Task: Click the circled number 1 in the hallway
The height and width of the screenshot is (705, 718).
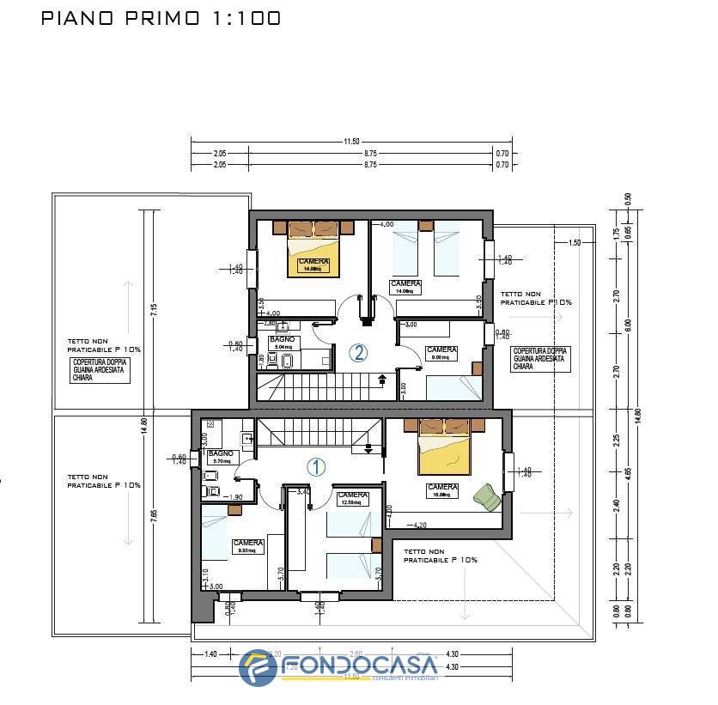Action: [316, 467]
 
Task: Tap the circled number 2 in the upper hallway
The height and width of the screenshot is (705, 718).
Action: [358, 352]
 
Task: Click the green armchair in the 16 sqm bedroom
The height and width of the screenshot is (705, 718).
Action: [486, 496]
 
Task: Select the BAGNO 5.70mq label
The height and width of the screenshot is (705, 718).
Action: [221, 456]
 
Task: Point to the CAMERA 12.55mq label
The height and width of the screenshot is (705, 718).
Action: [352, 499]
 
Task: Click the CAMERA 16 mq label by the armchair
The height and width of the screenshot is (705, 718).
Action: [441, 490]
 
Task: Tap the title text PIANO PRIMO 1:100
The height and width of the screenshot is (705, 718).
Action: [161, 18]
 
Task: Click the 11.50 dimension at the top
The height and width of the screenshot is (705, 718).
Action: [350, 142]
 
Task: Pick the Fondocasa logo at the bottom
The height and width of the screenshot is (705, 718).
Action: [339, 668]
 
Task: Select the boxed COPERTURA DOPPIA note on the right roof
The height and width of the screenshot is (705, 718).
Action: [538, 358]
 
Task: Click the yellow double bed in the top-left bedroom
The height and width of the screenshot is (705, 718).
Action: [314, 254]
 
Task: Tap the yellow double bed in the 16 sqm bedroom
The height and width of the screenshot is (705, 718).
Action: [444, 453]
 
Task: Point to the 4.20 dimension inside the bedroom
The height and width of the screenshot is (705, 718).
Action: [418, 525]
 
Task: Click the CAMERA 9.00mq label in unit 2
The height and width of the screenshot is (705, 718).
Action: [441, 354]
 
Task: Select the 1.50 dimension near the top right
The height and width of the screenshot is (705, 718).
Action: [575, 243]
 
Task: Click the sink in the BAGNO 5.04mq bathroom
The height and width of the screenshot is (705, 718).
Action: [285, 326]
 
